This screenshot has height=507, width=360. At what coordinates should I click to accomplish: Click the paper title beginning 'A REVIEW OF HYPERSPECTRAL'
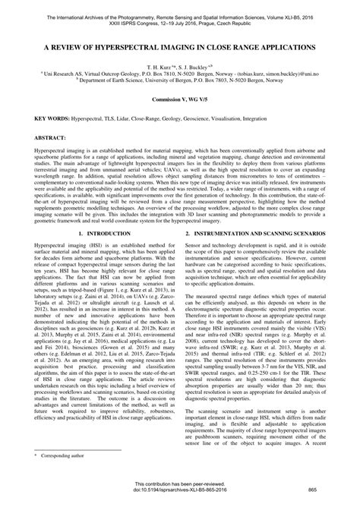180,46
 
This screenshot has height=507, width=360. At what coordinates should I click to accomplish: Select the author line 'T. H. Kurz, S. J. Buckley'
179,67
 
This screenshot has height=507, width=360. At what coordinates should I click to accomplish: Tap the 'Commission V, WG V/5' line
180,100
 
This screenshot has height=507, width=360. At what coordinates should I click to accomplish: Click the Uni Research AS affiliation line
180,75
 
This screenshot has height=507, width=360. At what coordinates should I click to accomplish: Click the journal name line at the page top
180,7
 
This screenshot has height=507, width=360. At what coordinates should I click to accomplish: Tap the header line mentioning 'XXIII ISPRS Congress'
180,14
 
